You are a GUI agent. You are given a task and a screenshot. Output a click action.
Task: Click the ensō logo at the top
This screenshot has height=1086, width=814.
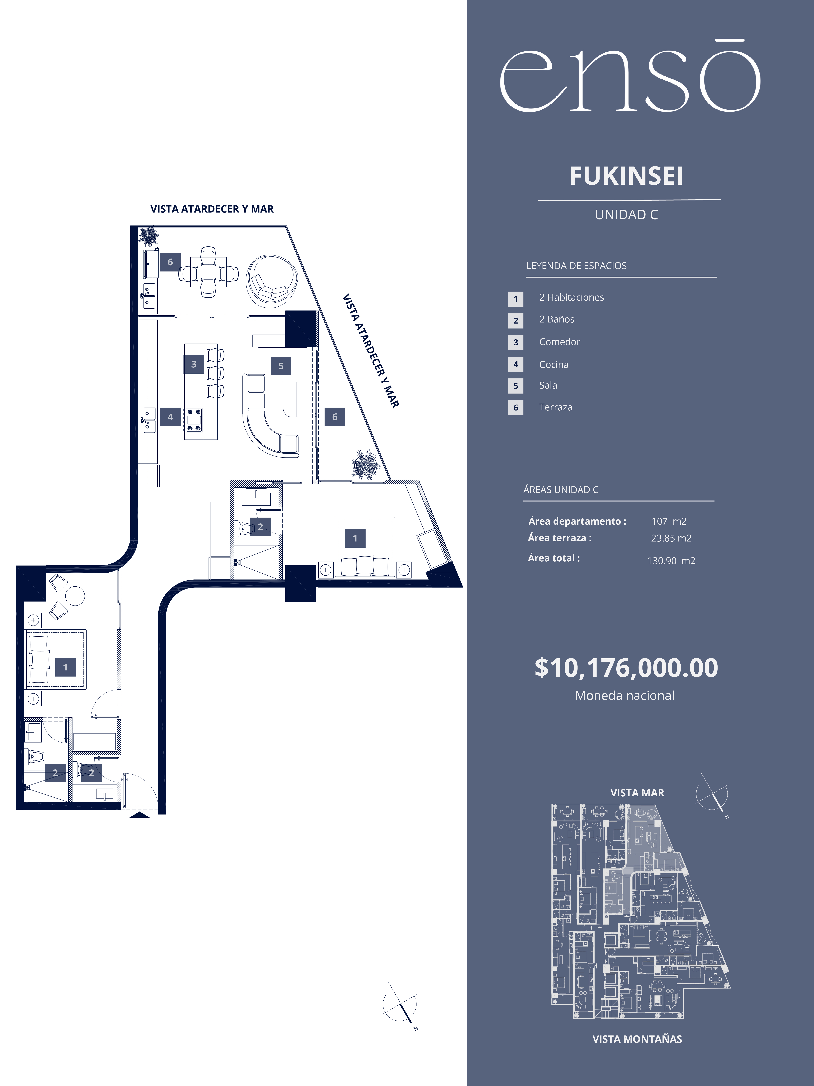click(x=630, y=76)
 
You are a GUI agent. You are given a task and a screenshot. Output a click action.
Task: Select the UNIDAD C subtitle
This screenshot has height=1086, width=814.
click(x=626, y=214)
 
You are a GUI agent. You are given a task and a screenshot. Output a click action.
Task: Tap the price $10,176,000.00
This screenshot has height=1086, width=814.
click(x=626, y=668)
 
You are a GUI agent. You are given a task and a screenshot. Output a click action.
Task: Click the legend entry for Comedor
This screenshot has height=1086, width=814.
click(x=559, y=342)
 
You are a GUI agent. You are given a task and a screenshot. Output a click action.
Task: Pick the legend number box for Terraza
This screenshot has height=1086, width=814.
click(x=516, y=408)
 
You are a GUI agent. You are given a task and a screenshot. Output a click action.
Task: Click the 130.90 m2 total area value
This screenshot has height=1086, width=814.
click(x=671, y=561)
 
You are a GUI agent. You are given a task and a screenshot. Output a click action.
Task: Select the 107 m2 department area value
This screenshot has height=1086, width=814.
click(x=669, y=521)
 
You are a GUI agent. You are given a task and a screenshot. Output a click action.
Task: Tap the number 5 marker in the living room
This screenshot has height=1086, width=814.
click(x=281, y=366)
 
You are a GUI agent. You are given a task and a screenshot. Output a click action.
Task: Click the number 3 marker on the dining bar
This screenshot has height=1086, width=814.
click(x=194, y=364)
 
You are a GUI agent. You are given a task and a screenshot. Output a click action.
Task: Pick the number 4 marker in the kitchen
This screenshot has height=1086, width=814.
click(x=170, y=417)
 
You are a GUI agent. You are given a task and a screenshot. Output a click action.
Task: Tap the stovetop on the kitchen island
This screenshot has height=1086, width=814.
click(x=194, y=420)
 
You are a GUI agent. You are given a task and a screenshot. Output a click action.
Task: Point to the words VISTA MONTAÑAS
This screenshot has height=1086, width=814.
click(x=637, y=1039)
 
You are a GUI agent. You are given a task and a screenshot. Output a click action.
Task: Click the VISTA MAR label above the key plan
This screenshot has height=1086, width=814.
click(x=637, y=793)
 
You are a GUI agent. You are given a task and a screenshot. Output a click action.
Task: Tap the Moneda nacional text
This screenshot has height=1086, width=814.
click(x=625, y=696)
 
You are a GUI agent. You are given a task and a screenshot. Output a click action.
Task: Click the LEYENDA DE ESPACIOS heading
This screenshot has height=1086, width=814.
click(x=576, y=266)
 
